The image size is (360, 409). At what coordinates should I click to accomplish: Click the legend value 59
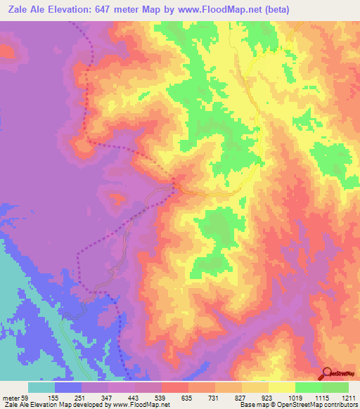[x=25, y=397]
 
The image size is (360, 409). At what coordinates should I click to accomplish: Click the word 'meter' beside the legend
[x=10, y=397]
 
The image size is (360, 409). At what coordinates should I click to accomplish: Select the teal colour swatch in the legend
[x=41, y=387]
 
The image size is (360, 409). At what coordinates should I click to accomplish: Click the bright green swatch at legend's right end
[x=335, y=387]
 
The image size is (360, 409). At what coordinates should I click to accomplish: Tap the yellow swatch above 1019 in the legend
[x=281, y=387]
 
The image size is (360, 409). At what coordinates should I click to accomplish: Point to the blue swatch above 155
[x=68, y=387]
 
